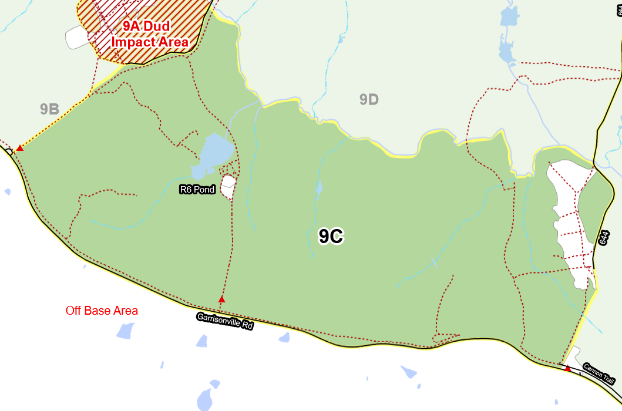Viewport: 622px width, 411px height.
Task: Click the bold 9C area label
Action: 330,236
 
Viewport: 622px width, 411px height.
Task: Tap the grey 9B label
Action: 49,109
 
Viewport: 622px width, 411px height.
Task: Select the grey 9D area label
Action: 369,100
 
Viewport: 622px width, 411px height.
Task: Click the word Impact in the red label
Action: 133,42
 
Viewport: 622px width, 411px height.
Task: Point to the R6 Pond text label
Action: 197,190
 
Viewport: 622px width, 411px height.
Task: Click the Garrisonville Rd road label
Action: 224,321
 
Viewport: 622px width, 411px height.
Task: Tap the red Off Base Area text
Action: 102,311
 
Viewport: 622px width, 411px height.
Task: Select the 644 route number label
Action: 604,238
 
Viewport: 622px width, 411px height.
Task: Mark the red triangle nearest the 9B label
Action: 19,148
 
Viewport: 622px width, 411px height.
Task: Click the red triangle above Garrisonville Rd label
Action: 221,300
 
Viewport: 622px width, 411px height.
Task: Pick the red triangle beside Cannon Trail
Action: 567,369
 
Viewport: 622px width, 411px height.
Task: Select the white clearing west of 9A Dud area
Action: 77,38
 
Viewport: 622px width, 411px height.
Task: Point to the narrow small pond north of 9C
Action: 319,188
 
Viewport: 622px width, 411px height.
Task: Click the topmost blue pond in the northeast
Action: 507,18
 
